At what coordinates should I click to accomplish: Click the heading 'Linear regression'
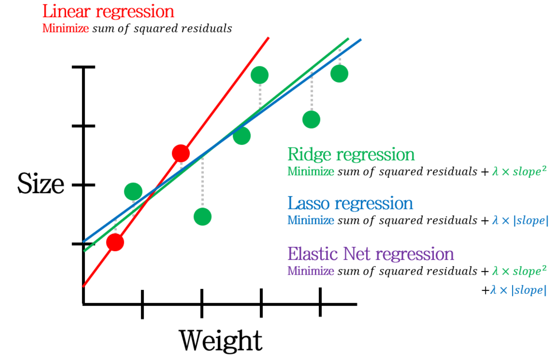108,12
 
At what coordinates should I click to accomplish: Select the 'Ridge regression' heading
351,154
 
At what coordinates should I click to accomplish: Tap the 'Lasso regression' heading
350,203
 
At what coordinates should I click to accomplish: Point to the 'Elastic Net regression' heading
371,254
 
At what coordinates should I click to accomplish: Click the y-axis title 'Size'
41,184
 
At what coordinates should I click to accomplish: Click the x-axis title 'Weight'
221,341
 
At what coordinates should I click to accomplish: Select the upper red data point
181,153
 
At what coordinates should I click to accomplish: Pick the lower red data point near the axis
115,242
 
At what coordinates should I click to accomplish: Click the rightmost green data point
339,73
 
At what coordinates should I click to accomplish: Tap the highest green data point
260,75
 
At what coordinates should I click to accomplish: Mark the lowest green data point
202,217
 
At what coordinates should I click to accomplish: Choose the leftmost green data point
133,191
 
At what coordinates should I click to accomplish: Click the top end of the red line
268,38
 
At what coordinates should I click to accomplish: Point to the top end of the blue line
360,40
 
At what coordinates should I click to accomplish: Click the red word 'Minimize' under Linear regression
65,28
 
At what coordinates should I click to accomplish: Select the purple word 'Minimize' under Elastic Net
311,271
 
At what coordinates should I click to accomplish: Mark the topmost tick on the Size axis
83,67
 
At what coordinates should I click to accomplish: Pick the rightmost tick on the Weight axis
320,302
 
